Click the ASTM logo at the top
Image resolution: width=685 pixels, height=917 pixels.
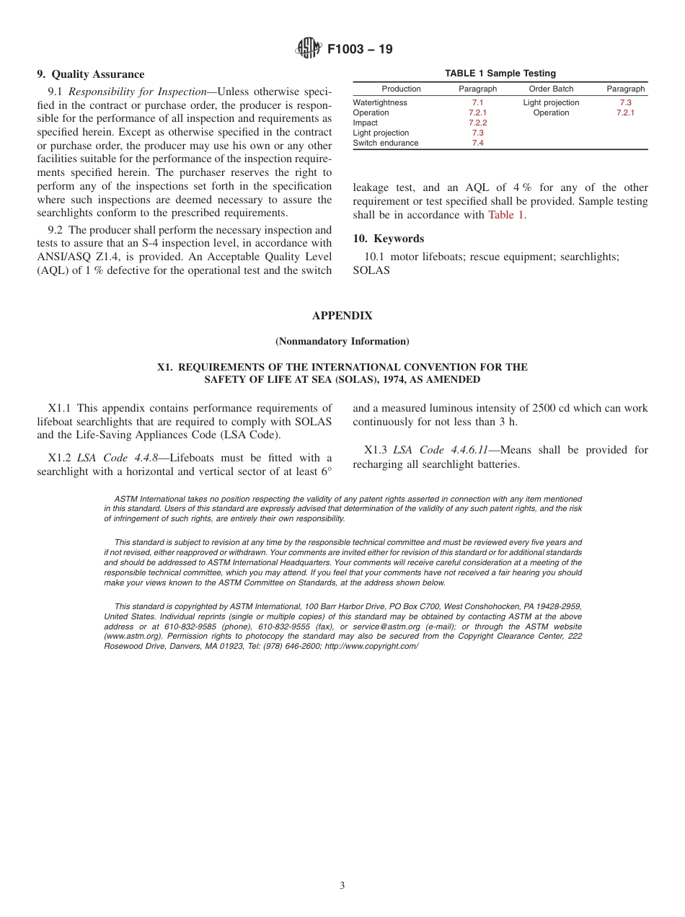[309, 49]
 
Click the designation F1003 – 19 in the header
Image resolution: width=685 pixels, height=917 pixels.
[360, 50]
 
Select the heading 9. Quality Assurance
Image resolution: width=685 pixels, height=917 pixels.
[91, 74]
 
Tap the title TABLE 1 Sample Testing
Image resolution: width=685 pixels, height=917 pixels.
[500, 74]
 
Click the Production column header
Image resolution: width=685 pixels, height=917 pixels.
[401, 89]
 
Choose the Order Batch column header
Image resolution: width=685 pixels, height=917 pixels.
[551, 89]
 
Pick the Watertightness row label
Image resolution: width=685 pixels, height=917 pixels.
[380, 103]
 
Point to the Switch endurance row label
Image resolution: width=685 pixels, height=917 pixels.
[386, 143]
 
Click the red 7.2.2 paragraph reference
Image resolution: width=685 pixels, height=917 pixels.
[477, 123]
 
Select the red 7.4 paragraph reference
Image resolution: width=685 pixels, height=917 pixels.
[477, 143]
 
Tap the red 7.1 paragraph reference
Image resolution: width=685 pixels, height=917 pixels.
[477, 103]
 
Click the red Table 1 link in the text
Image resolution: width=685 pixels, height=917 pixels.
[505, 215]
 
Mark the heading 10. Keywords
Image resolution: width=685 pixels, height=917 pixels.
[389, 239]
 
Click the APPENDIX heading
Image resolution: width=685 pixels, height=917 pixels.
[342, 316]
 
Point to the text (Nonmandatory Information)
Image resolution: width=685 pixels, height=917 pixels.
[342, 341]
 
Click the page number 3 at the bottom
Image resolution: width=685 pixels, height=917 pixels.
[342, 885]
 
